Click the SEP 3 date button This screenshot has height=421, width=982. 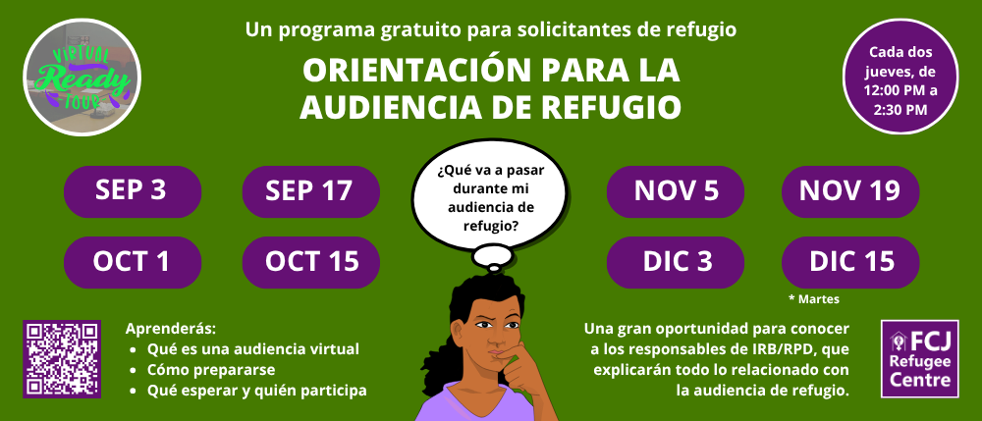[x=133, y=191]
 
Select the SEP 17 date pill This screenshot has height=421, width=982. [x=310, y=191]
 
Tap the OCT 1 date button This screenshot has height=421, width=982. [x=133, y=262]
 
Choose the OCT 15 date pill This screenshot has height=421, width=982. [x=310, y=262]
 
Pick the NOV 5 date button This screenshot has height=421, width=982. [x=676, y=191]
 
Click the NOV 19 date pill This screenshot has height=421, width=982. [x=850, y=191]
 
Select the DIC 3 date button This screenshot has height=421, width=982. [x=676, y=262]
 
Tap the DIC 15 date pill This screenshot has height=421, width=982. [x=850, y=262]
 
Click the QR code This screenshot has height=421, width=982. [x=61, y=359]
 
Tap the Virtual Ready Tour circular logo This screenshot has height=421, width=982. [x=82, y=77]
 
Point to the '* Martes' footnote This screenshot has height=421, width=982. [x=814, y=299]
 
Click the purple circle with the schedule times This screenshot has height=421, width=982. [x=900, y=77]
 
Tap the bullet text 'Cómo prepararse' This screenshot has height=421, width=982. [x=211, y=370]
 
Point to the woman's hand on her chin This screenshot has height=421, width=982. [x=518, y=366]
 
